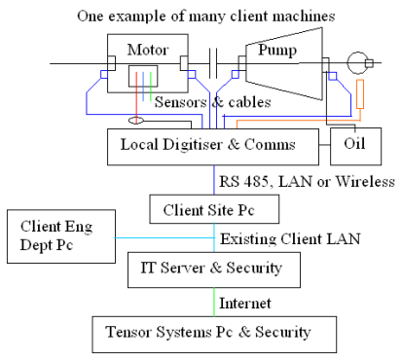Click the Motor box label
(x=147, y=49)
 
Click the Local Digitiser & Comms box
(x=214, y=146)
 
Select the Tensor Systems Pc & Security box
(x=214, y=332)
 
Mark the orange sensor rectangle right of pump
(x=359, y=93)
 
